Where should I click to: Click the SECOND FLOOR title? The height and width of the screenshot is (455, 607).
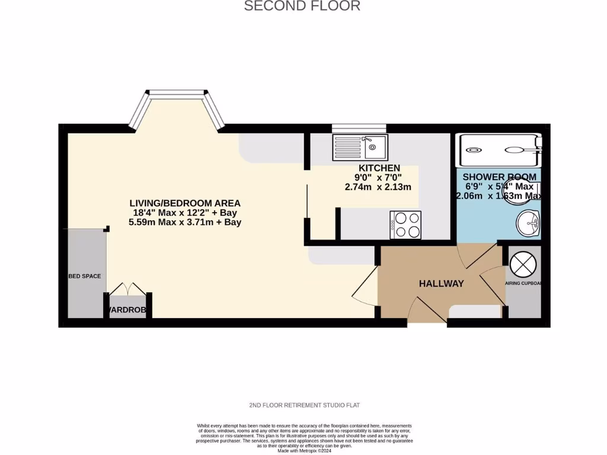point(302,7)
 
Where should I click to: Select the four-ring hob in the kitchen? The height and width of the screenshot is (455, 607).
point(405,225)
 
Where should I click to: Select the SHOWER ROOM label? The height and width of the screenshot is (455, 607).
point(499,177)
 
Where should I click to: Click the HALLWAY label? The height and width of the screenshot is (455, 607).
point(441,284)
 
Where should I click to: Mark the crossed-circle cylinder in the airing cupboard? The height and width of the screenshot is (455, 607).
point(523,264)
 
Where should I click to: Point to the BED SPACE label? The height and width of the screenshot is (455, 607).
point(85,276)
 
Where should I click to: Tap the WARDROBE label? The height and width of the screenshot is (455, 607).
point(127,310)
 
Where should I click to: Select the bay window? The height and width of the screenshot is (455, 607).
point(177,108)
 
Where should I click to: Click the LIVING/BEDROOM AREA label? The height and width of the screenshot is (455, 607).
point(185,203)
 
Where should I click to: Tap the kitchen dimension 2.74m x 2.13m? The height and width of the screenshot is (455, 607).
point(378,187)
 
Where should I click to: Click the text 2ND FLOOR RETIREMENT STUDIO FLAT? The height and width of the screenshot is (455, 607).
point(305,405)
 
